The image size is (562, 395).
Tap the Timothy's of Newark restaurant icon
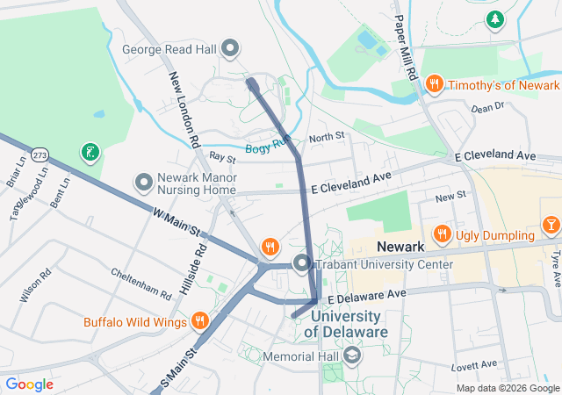tap(433, 84)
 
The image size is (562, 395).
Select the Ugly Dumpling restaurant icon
tap(442, 234)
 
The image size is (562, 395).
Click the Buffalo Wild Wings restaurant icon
tap(200, 320)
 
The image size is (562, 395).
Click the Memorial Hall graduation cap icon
tap(352, 355)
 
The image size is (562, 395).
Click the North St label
tap(327, 138)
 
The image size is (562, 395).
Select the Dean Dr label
tap(487, 108)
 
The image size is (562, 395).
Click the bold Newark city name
tap(400, 248)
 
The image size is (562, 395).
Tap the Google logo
tap(30, 384)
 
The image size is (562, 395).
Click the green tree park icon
tap(496, 18)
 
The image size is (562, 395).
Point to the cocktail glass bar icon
tap(551, 225)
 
